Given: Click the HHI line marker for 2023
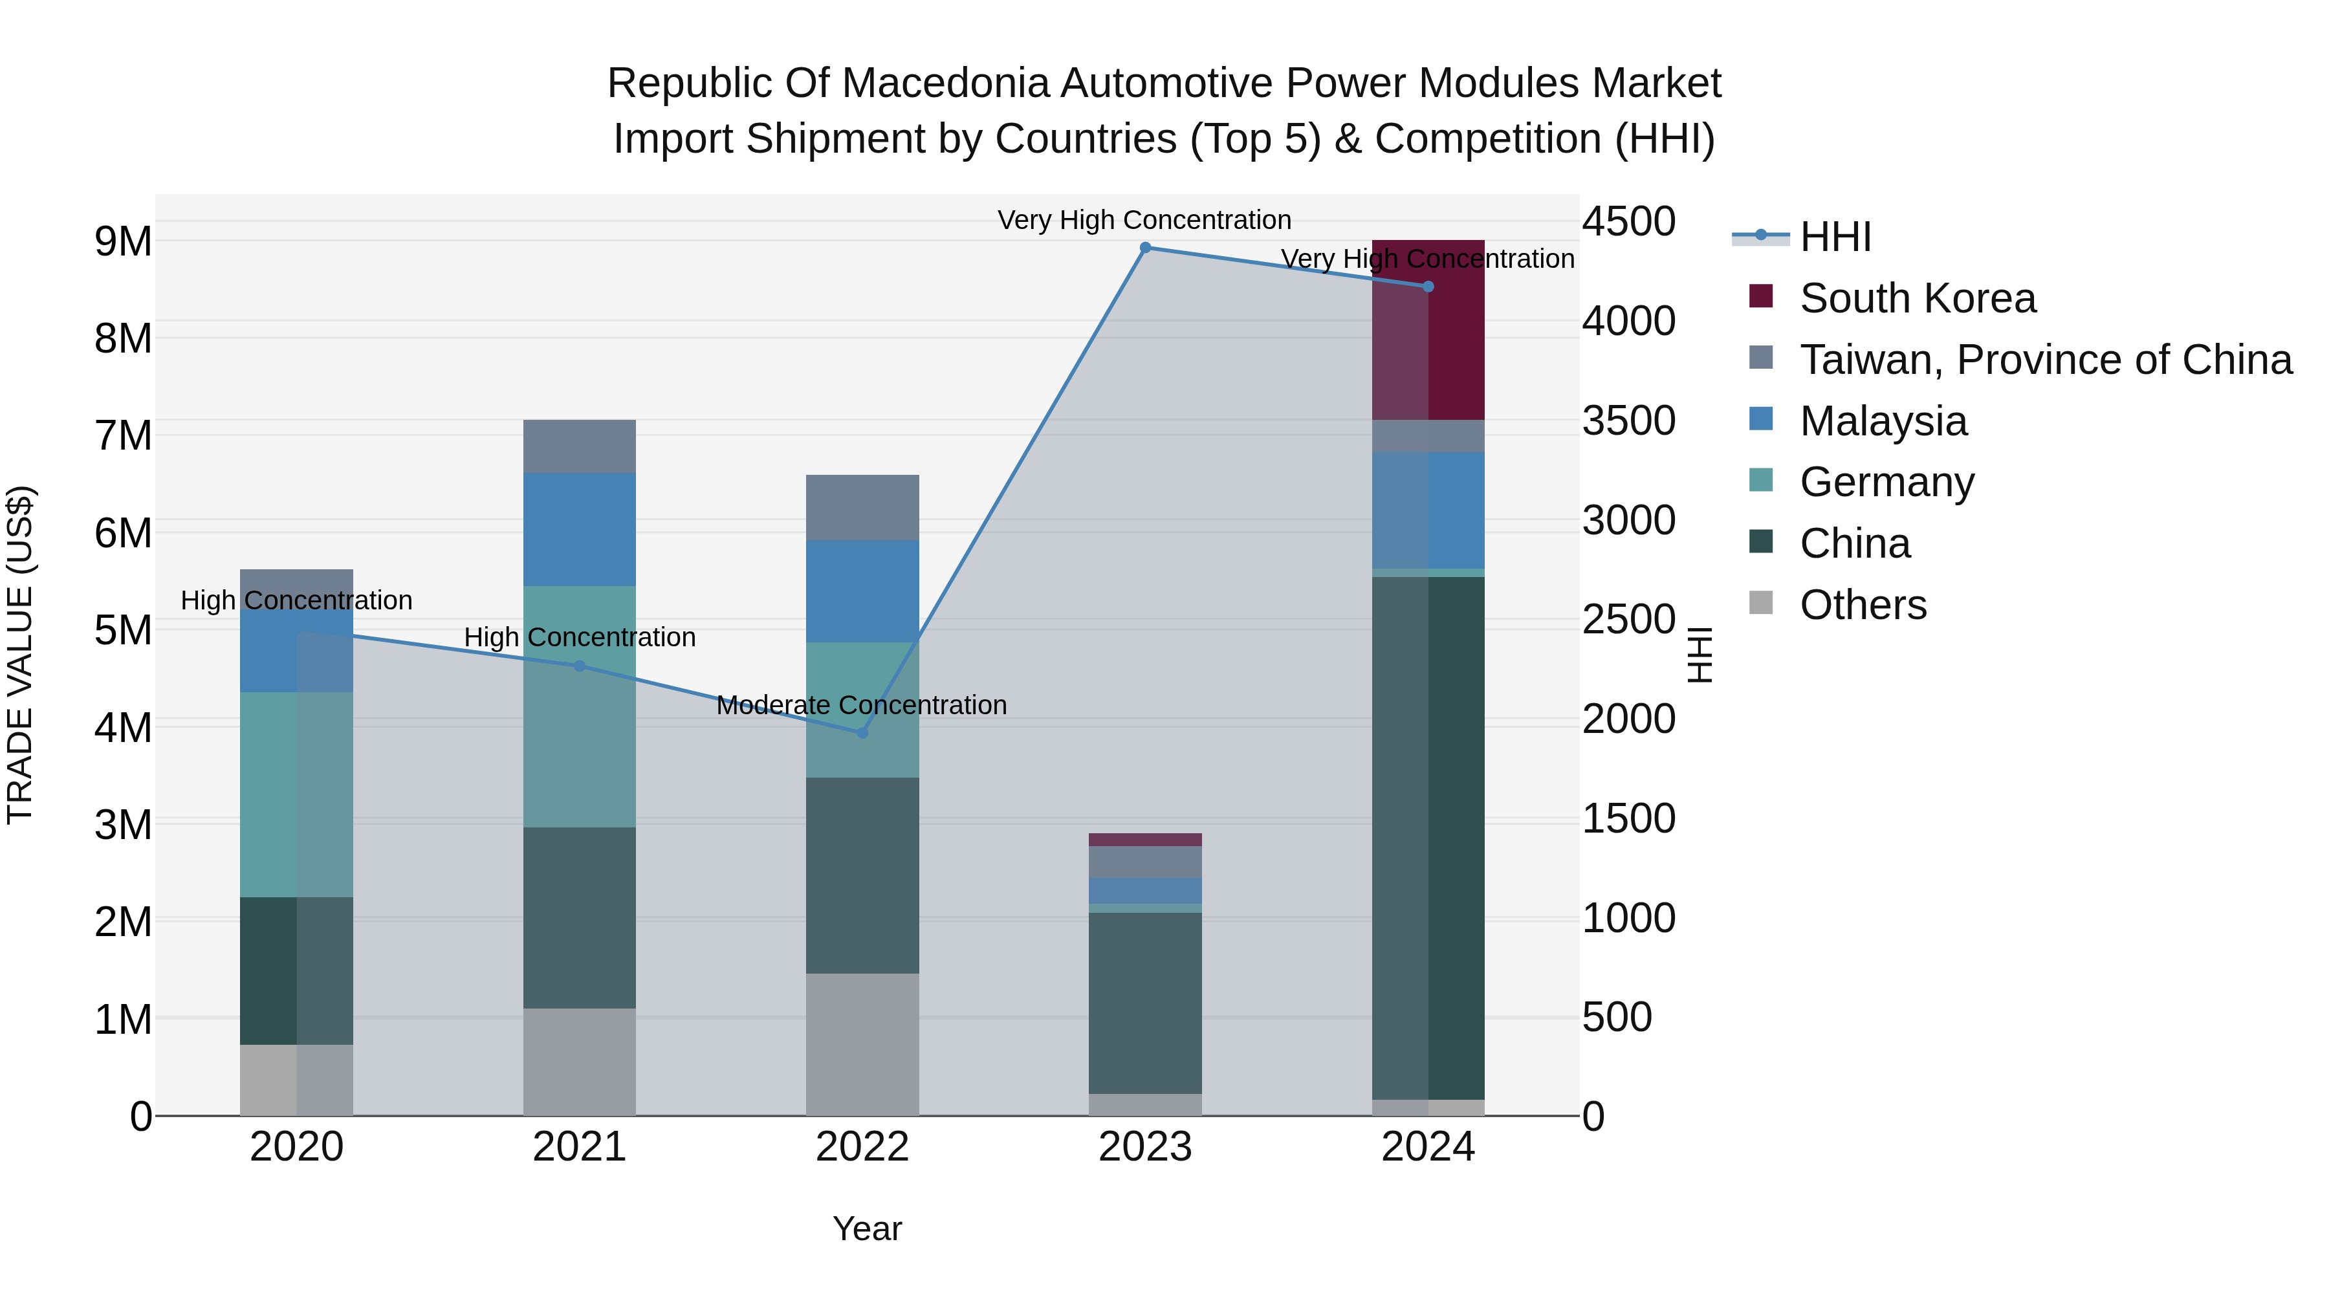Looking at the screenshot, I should (x=1146, y=248).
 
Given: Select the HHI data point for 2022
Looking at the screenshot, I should (x=862, y=733).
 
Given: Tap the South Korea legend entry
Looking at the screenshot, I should (x=1917, y=298).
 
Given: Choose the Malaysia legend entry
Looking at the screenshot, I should (x=1883, y=421).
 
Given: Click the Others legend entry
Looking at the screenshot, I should (x=1863, y=605).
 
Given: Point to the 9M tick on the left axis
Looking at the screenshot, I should (x=124, y=241).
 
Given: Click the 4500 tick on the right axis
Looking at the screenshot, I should (x=1628, y=221).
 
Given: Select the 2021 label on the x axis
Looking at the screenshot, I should (x=580, y=1147).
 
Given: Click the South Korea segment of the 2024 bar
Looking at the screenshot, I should (x=1428, y=330).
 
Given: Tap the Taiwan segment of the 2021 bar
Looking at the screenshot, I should (x=580, y=446).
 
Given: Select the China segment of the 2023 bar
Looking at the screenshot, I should (x=1146, y=1003).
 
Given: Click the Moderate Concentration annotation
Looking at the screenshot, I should (x=862, y=705).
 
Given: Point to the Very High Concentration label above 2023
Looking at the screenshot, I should (x=1144, y=220).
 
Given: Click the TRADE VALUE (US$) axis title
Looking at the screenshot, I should (x=20, y=655).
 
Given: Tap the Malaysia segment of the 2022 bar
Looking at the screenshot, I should (x=862, y=591).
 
